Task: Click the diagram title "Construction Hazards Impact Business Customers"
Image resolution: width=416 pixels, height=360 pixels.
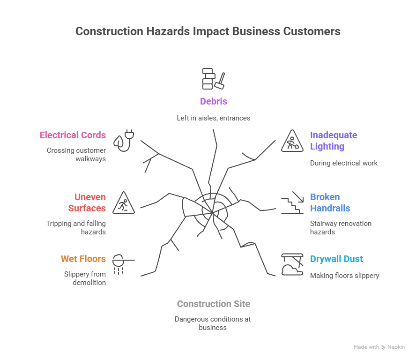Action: point(208,31)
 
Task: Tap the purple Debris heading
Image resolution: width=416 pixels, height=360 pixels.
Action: point(213,101)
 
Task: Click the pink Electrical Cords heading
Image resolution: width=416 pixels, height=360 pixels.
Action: point(73,135)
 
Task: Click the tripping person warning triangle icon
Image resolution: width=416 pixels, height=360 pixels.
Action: point(124,203)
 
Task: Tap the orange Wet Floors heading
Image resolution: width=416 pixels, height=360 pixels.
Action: point(83,259)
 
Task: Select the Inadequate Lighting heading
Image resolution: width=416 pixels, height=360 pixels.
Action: point(333,141)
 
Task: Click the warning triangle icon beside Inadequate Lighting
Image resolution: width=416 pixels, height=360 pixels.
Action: point(292,141)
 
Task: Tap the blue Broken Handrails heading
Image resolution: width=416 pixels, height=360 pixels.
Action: point(330,202)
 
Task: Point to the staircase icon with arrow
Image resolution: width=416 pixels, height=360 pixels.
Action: point(292,202)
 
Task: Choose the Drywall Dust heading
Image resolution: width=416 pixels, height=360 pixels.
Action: point(336,259)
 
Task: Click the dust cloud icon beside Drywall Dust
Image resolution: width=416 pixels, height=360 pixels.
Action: point(292,264)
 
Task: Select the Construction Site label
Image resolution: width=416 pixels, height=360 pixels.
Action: point(213,304)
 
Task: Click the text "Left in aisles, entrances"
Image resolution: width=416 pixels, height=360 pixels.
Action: point(213,118)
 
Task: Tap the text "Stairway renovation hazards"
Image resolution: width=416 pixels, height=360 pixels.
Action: point(341,227)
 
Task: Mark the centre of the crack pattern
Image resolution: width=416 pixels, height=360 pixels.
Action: point(212,212)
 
